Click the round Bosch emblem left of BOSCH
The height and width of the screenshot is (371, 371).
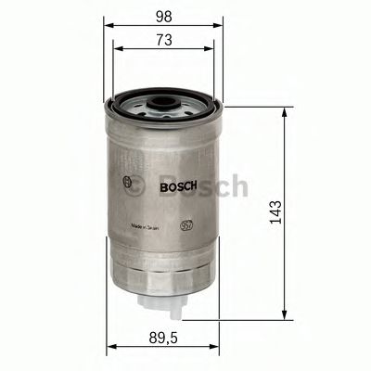(127, 183)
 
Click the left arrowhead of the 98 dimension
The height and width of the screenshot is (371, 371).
(105, 26)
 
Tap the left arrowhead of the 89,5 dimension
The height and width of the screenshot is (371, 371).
(109, 347)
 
